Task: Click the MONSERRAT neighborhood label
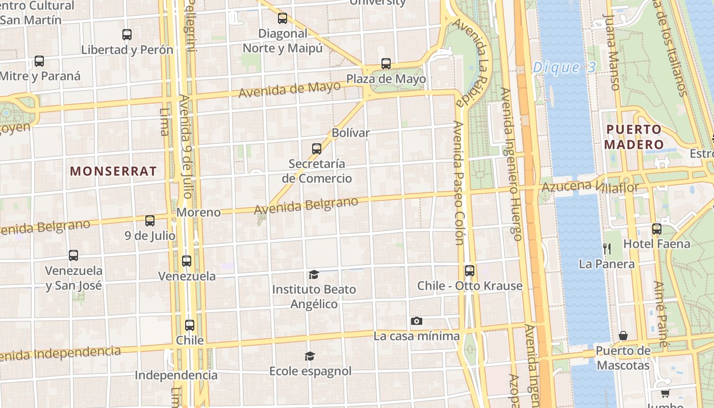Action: (x=113, y=171)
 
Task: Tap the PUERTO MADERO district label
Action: (x=633, y=137)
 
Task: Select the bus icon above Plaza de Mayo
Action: (x=386, y=64)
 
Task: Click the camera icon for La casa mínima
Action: (x=417, y=321)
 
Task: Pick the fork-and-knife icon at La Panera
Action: (x=607, y=248)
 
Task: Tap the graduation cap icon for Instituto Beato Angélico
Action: (x=314, y=274)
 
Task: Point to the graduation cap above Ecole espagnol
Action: (x=310, y=355)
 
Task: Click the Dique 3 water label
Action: (x=563, y=67)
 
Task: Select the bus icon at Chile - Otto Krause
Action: (x=469, y=270)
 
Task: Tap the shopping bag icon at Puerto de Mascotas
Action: (x=623, y=336)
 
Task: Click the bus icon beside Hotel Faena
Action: (x=656, y=229)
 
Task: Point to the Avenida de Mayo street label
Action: (x=289, y=90)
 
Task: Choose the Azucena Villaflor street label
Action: (x=590, y=187)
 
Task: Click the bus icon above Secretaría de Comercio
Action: (x=317, y=149)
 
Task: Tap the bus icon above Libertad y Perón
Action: (x=127, y=35)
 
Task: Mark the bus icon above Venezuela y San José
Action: (x=73, y=255)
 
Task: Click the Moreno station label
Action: (x=199, y=212)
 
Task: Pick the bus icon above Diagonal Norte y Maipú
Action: (x=283, y=18)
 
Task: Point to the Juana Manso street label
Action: (x=611, y=51)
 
